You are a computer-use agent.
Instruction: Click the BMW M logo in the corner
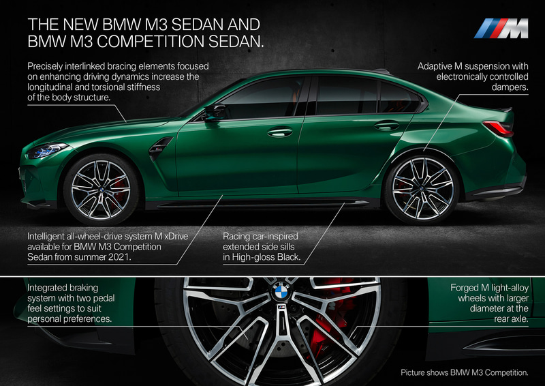click(501, 28)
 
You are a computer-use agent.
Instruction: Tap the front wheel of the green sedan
click(101, 190)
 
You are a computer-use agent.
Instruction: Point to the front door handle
click(280, 132)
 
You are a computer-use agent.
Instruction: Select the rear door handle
click(386, 125)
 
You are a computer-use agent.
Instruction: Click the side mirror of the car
click(214, 112)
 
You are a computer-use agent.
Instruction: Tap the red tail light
click(498, 128)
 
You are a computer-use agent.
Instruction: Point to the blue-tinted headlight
click(46, 150)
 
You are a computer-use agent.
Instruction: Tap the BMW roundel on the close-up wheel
click(281, 292)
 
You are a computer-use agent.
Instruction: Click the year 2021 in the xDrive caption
click(120, 257)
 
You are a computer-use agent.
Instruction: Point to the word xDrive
click(176, 237)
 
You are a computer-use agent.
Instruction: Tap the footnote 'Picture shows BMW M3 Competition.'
click(465, 373)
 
